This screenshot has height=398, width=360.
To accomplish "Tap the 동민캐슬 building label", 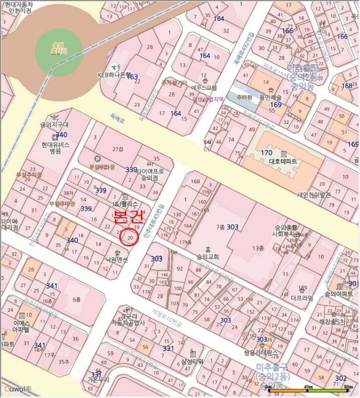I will point(271,97).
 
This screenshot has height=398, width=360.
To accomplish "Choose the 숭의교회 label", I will point(207,256).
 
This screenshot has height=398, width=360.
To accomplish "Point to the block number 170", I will point(266,153).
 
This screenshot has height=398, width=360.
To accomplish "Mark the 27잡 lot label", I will point(117,149).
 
